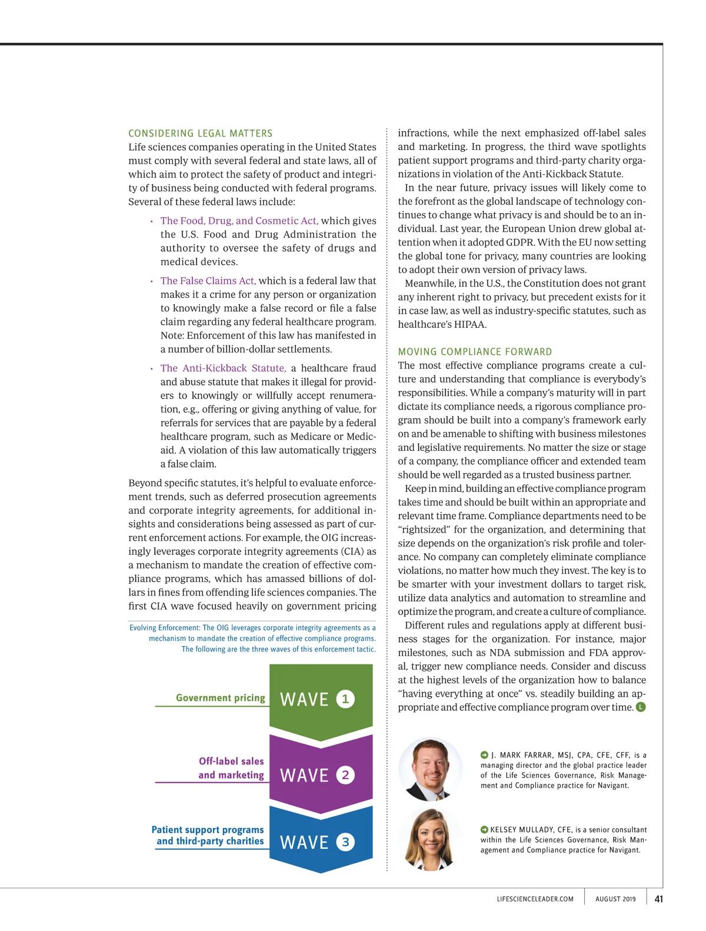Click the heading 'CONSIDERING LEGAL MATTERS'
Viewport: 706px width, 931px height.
coord(201,134)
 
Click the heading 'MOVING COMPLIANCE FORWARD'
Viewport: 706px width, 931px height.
coord(475,352)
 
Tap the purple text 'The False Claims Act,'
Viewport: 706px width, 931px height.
coord(208,281)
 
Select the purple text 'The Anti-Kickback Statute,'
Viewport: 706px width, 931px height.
coord(224,368)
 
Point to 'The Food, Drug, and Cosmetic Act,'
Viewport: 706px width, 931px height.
coord(239,221)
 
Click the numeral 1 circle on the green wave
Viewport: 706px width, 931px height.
coord(345,699)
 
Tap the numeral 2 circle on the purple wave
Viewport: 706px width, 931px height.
coord(345,775)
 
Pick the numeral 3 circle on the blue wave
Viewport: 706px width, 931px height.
coord(345,842)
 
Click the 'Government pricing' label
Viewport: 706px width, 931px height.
coord(221,698)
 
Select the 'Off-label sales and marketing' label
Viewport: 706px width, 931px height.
coord(231,768)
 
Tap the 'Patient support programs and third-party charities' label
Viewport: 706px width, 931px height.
coord(208,836)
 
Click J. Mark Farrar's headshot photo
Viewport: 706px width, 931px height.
coord(431,769)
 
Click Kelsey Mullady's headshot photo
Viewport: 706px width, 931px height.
coord(431,839)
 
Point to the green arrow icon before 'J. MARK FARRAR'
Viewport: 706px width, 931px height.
coord(484,754)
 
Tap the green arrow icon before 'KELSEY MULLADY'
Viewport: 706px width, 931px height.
coord(484,829)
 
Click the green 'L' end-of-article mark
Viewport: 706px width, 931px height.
coord(641,707)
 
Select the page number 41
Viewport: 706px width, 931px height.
coord(658,899)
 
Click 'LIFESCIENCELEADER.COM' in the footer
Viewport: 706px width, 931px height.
coord(535,899)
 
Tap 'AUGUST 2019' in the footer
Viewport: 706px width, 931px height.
coord(615,899)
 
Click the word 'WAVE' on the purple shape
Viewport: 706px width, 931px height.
coord(304,776)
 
